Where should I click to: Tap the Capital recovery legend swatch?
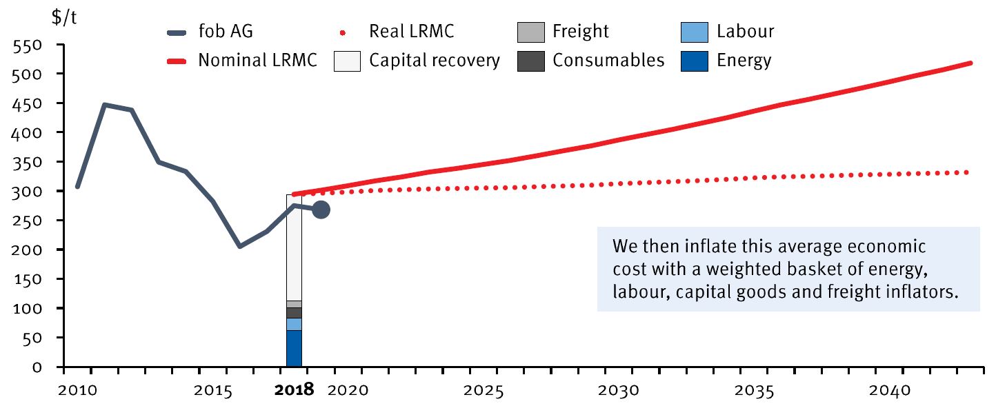348,61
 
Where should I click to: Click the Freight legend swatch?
530,32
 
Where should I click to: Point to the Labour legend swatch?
695,32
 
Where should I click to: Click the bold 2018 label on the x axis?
294,390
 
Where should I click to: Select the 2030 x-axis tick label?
618,390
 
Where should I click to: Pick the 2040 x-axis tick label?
887,390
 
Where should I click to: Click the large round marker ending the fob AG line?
321,210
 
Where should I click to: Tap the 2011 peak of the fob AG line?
104,105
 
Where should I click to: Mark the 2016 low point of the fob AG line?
239,246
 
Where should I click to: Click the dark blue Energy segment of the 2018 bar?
294,348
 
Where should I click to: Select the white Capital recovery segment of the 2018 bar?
294,248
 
